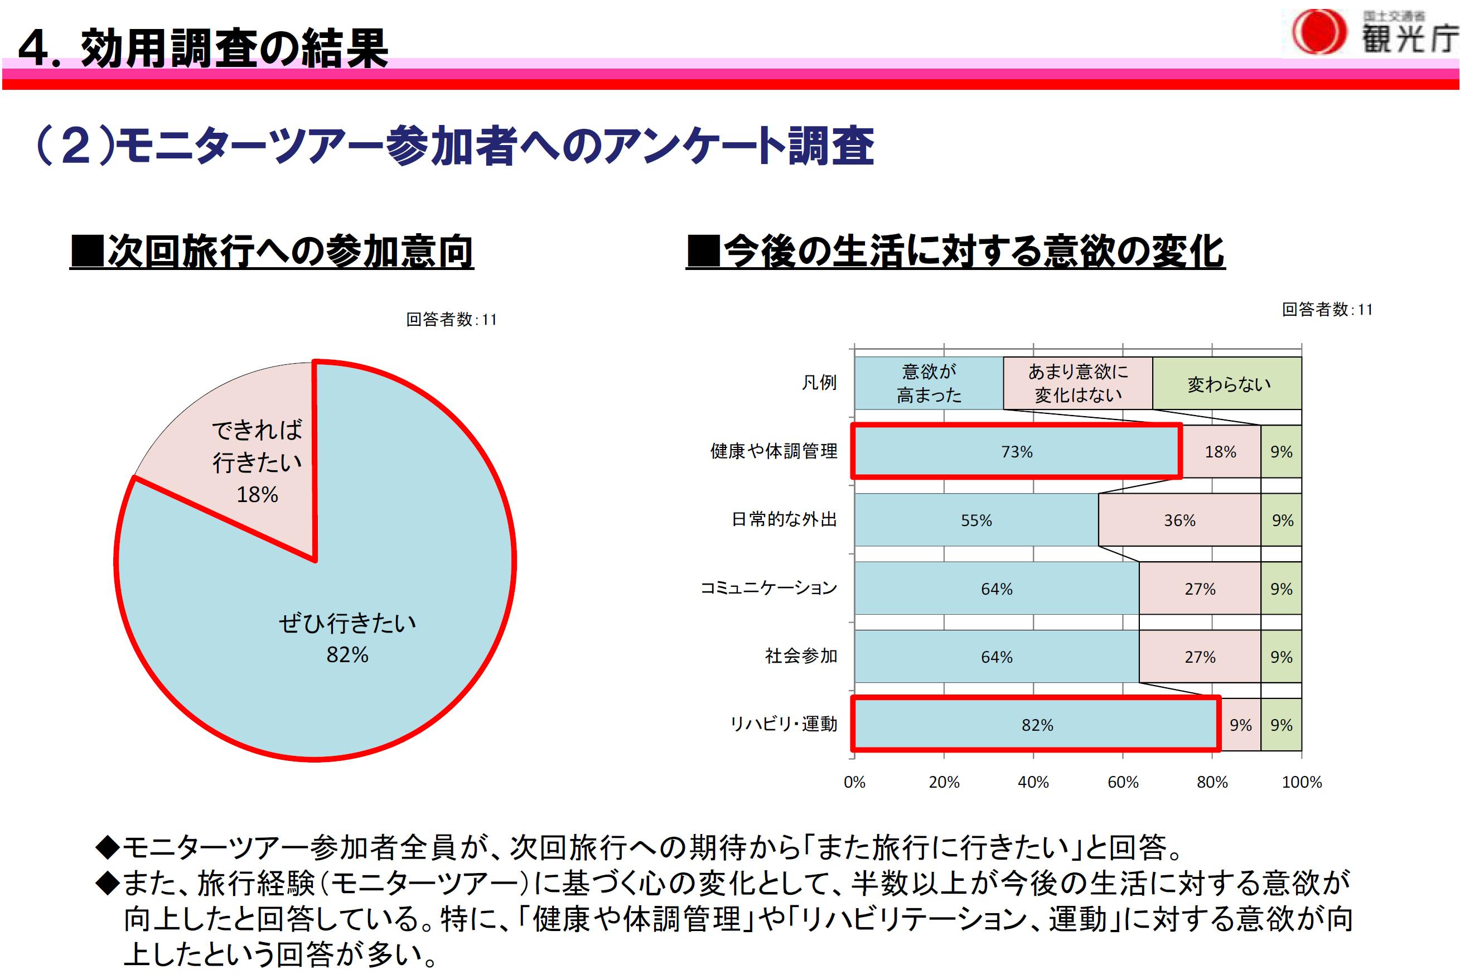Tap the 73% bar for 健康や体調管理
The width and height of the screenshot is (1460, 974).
(x=1016, y=452)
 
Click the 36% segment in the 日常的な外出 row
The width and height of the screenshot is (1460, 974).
(x=1179, y=520)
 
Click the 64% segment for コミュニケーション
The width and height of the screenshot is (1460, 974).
(x=996, y=589)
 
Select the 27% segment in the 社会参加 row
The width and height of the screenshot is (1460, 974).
(x=1199, y=657)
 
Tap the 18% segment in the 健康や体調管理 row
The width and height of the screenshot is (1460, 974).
(x=1220, y=452)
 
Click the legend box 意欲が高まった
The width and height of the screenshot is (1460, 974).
(x=929, y=383)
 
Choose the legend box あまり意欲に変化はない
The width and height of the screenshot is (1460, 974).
(x=1077, y=383)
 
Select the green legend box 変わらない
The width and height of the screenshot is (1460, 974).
(x=1227, y=383)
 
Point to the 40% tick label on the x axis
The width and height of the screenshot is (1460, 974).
(x=1033, y=782)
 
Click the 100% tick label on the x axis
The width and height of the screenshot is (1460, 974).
(x=1302, y=782)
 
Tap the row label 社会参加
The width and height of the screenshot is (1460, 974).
(x=801, y=656)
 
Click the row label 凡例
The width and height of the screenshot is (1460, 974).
(x=819, y=383)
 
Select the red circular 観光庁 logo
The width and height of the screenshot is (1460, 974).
(x=1318, y=31)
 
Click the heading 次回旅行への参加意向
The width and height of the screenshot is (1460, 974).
(x=272, y=252)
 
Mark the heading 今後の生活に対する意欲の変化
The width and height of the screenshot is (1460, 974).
(x=955, y=252)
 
